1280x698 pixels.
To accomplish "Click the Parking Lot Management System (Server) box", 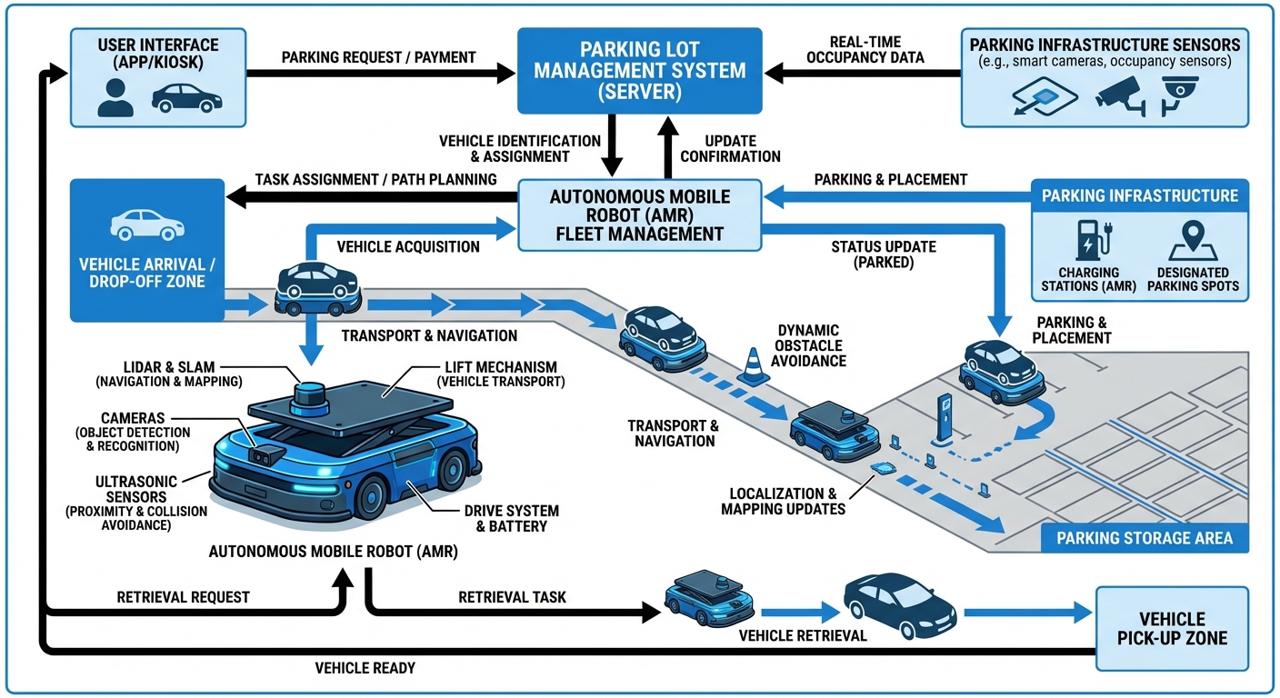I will coord(639,70).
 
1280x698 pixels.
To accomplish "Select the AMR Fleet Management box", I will coord(639,214).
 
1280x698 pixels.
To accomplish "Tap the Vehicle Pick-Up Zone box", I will coord(1172,628).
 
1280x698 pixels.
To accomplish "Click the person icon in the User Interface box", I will coord(115,97).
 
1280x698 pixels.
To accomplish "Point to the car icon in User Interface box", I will coord(186,97).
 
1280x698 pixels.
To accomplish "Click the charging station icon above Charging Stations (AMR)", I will coord(1087,238).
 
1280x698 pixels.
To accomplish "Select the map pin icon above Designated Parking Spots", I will coord(1193,238).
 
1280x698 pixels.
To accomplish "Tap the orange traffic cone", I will coord(753,366).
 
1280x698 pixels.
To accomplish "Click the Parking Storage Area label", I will coord(1144,538).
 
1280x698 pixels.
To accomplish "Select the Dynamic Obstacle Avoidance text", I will coord(808,345).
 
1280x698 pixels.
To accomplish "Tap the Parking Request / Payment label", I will coord(378,57).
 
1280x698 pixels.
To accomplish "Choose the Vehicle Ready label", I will coord(365,668).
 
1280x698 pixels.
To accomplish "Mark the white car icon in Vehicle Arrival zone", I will coord(146,224).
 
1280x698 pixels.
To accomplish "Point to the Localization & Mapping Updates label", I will coord(783,501).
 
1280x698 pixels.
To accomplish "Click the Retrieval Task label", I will coord(512,597).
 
